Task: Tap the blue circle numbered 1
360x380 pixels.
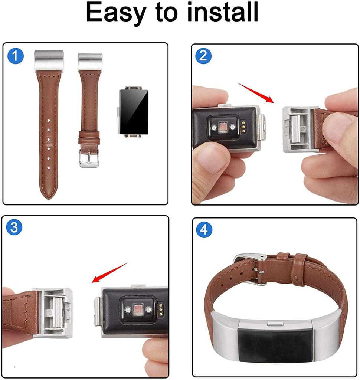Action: point(16,56)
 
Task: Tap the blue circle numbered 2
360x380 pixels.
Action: point(203,56)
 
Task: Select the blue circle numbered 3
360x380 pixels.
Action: point(14,227)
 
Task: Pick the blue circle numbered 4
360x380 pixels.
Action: point(204,230)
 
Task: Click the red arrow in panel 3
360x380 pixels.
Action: point(110,273)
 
